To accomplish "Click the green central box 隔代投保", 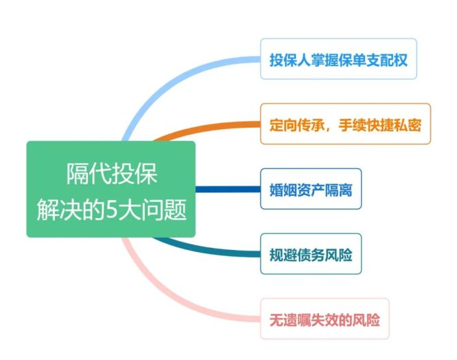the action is (111, 189).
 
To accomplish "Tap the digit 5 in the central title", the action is (111, 209).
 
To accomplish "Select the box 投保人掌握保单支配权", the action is (339, 59).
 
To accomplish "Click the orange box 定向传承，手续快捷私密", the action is (345, 124).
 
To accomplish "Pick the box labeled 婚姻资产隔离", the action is (311, 188).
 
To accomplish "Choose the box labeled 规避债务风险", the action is (311, 254).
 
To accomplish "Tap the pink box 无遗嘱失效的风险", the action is (324, 319).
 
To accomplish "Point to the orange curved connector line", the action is (204, 128).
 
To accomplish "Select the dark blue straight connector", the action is (228, 189).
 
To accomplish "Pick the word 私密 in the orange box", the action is (408, 125).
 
